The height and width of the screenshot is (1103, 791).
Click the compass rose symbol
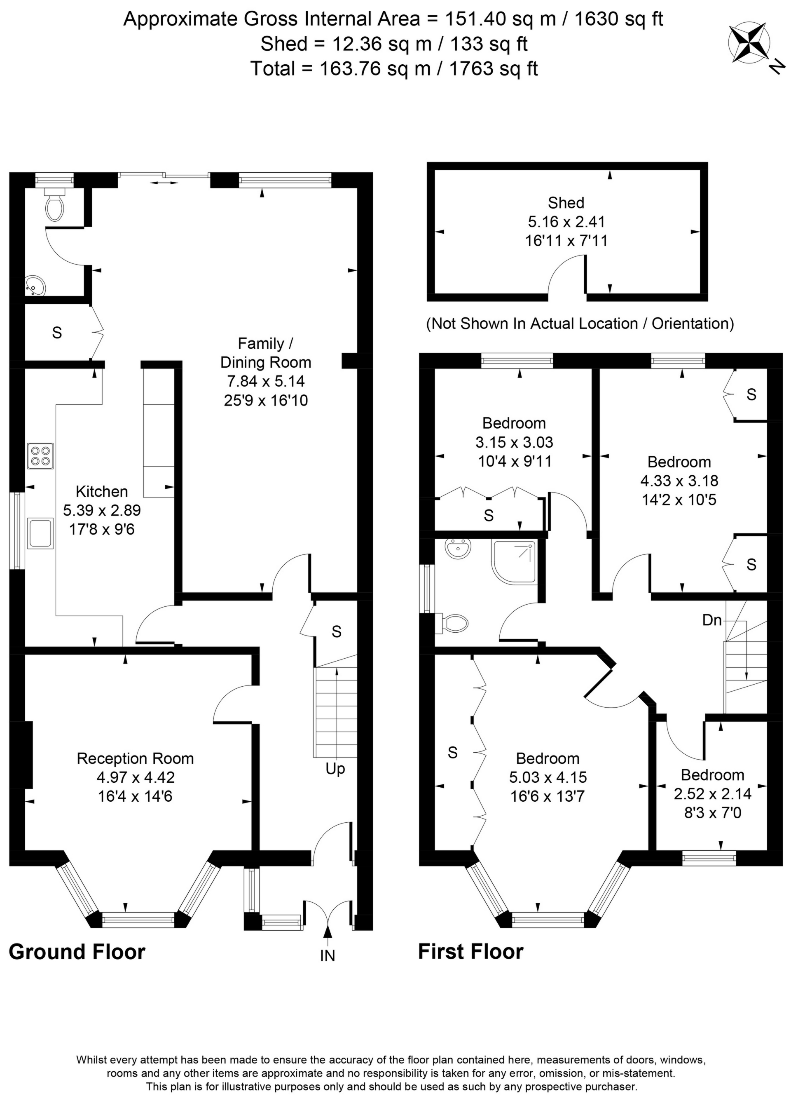[x=749, y=44]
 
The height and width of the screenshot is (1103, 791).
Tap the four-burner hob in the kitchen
[x=40, y=456]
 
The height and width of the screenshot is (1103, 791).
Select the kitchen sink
[x=40, y=533]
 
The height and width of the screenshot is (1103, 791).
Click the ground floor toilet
[x=54, y=205]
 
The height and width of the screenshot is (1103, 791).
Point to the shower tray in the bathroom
[x=515, y=562]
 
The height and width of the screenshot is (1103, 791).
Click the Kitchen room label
[x=102, y=491]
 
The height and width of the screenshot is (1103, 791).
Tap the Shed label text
[x=566, y=202]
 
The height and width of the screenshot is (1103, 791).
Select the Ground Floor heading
[x=77, y=952]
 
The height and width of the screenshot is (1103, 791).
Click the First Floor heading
[x=470, y=951]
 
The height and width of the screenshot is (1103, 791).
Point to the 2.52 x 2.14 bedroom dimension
[x=713, y=794]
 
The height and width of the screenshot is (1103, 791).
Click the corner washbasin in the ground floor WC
[x=34, y=286]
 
